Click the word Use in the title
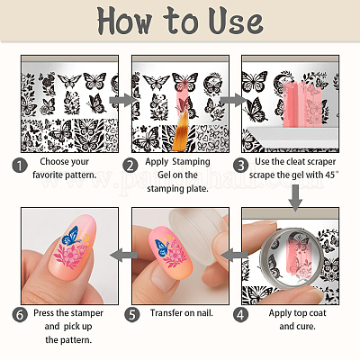(x=236, y=21)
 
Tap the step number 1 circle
(x=20, y=166)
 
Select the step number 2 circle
(x=130, y=166)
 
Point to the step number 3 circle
(x=241, y=166)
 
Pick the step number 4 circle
(x=241, y=315)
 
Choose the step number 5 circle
(x=132, y=315)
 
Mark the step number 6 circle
(x=20, y=315)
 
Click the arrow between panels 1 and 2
(x=122, y=100)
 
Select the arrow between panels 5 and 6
(x=123, y=256)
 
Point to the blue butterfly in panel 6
(x=71, y=236)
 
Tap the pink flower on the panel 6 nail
(x=70, y=255)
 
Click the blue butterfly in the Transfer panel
(x=162, y=247)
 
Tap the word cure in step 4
(x=305, y=327)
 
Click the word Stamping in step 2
(x=192, y=162)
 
